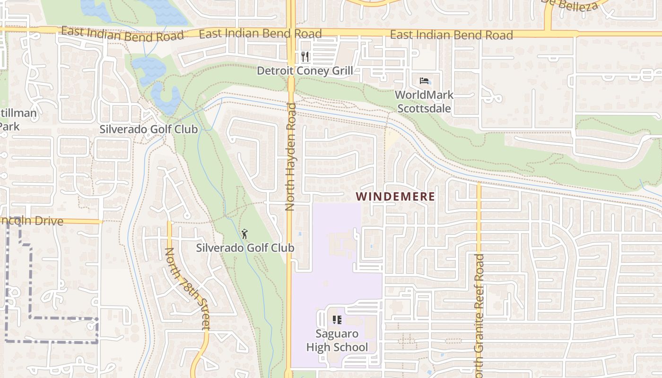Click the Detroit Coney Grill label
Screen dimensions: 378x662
coord(305,71)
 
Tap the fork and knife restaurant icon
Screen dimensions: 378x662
coord(305,57)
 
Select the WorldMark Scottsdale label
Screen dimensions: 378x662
coord(424,101)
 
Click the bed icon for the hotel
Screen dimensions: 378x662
coord(424,81)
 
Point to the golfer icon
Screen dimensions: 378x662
coord(245,233)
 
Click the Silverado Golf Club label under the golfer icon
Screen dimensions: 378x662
coord(245,248)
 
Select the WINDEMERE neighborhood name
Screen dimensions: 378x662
coord(395,197)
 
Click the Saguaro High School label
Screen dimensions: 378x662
coord(337,340)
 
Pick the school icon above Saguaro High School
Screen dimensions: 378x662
coord(337,320)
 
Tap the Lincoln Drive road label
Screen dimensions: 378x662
coord(31,221)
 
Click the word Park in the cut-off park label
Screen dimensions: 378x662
coord(9,127)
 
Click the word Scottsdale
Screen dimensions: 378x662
coord(424,108)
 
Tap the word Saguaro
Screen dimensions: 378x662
coord(337,334)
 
